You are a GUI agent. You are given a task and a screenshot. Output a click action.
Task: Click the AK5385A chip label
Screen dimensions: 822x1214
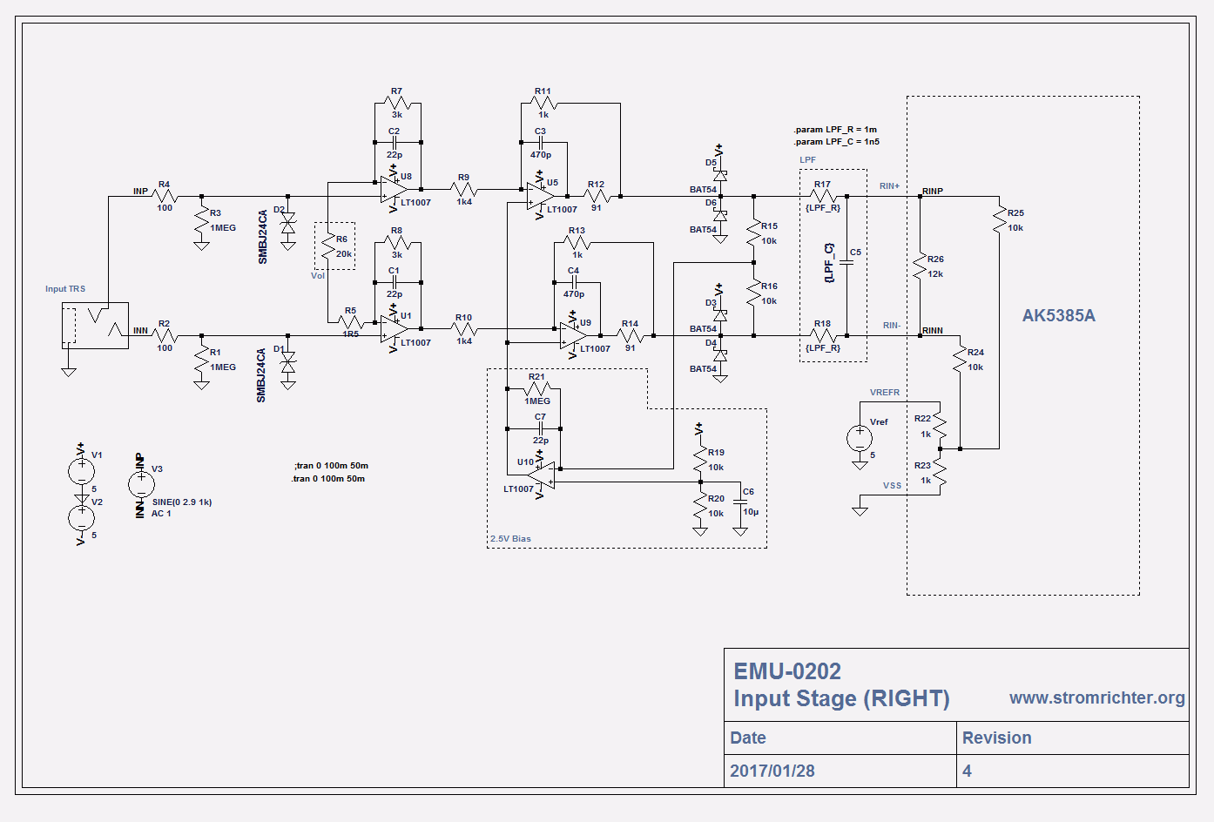pyautogui.click(x=1058, y=316)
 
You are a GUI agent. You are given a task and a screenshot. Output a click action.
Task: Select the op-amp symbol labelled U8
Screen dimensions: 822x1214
pyautogui.click(x=393, y=190)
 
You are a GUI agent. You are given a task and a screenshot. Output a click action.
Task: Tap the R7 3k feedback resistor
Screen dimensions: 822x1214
pyautogui.click(x=397, y=104)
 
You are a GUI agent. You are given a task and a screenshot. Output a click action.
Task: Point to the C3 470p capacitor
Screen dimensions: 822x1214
pyautogui.click(x=540, y=142)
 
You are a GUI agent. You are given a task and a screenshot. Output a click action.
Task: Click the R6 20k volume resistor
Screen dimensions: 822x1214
pyautogui.click(x=328, y=247)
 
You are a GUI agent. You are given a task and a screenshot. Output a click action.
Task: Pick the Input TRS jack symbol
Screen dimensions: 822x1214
pyautogui.click(x=95, y=326)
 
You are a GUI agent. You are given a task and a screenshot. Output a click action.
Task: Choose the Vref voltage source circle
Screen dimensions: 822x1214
pyautogui.click(x=860, y=437)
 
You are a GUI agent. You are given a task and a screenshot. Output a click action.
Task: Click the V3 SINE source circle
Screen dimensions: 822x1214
pyautogui.click(x=141, y=484)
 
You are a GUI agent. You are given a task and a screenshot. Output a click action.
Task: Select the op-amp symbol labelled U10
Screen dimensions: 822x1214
pyautogui.click(x=542, y=475)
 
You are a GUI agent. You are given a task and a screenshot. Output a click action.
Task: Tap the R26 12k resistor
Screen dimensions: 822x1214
pyautogui.click(x=920, y=266)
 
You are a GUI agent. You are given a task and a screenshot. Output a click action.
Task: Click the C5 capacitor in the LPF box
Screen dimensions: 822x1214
pyautogui.click(x=846, y=260)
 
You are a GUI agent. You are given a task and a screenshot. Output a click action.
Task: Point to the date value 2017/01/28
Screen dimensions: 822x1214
pyautogui.click(x=772, y=771)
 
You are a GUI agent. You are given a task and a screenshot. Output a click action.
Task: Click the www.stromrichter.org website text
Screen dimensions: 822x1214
pyautogui.click(x=1096, y=697)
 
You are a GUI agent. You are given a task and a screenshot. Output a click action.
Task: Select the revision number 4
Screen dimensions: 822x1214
pyautogui.click(x=967, y=771)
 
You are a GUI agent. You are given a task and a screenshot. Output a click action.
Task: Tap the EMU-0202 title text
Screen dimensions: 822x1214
pyautogui.click(x=787, y=671)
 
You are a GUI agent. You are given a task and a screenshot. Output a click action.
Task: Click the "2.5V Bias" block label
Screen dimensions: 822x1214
pyautogui.click(x=510, y=539)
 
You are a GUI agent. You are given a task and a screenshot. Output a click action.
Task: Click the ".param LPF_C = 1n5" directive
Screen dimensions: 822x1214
pyautogui.click(x=836, y=141)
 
